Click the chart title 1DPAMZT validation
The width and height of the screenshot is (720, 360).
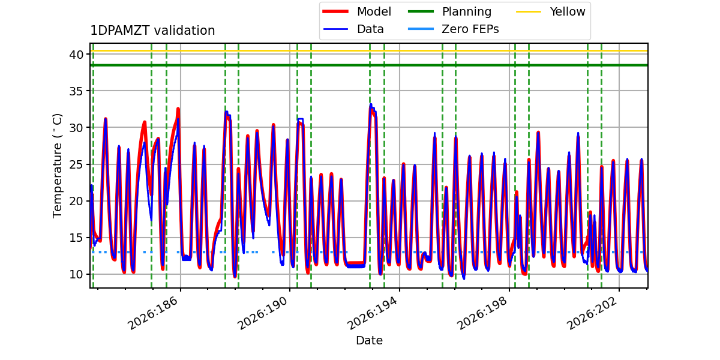(152, 31)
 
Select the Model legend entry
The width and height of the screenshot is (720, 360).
(357, 11)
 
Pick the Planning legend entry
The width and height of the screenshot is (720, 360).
(449, 11)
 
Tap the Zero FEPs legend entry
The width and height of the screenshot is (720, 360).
(453, 29)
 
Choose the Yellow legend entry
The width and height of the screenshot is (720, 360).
(551, 11)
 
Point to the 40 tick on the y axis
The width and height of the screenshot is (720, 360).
(76, 55)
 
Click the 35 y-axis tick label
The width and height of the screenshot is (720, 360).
(76, 91)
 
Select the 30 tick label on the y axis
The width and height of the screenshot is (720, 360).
(76, 128)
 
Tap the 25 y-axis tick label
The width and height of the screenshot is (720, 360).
(76, 164)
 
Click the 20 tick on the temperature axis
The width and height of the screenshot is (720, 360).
(76, 201)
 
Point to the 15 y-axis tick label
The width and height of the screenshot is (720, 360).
(76, 238)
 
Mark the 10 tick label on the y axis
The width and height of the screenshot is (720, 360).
(76, 274)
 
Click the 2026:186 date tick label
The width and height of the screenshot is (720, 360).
(152, 313)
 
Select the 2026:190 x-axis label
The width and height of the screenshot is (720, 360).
(262, 313)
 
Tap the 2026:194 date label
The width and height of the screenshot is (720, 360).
(372, 313)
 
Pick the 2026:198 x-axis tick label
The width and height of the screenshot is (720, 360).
(482, 313)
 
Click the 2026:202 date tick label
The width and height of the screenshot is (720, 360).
(592, 313)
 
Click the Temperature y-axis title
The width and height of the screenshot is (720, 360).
(57, 166)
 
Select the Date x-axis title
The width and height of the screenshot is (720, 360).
(370, 340)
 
